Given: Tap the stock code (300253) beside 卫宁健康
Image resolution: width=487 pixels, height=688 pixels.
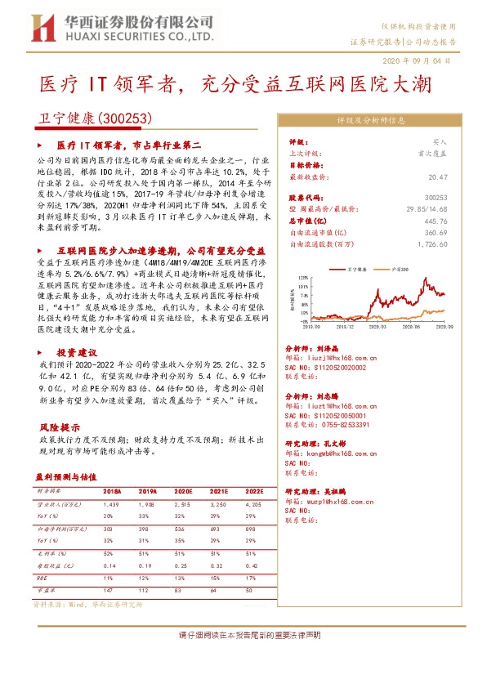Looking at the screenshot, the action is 126,118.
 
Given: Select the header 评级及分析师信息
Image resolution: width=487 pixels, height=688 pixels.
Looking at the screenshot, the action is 371,119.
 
